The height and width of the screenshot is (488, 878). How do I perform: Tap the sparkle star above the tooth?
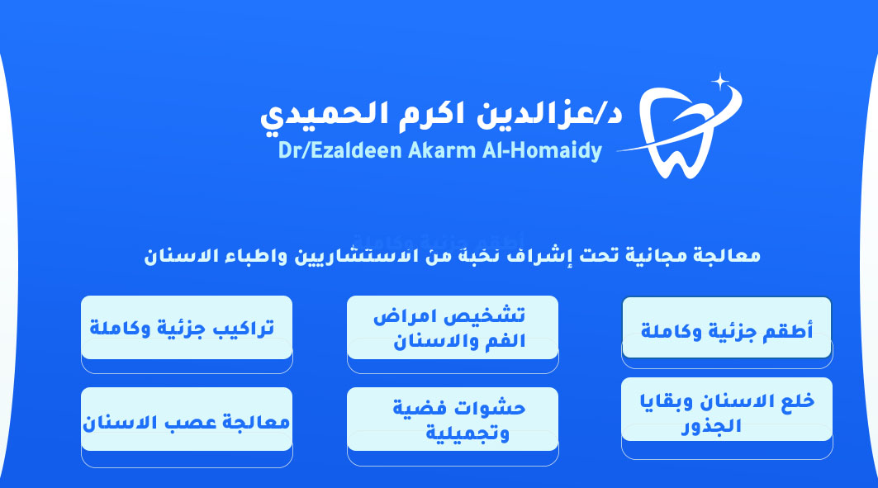pos(720,83)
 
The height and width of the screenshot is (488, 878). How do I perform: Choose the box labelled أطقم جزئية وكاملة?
pos(727,327)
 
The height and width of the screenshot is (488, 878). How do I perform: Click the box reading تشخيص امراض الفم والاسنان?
pos(453,327)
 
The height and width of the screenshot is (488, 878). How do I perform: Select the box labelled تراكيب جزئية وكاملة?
pos(187,327)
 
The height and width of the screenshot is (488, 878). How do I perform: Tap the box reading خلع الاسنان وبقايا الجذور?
pos(727,409)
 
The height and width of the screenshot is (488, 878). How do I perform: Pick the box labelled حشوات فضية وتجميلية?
pos(453,419)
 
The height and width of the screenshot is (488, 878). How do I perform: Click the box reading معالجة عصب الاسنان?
pos(187,419)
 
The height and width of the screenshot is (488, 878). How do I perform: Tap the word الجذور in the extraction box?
pos(711,426)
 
